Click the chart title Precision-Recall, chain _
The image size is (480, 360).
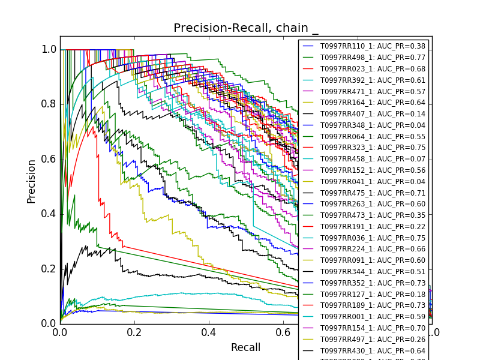tap(246, 28)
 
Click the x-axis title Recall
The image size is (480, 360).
tap(246, 347)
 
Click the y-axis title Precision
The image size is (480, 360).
tap(32, 181)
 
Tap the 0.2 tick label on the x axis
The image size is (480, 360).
tap(134, 331)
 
